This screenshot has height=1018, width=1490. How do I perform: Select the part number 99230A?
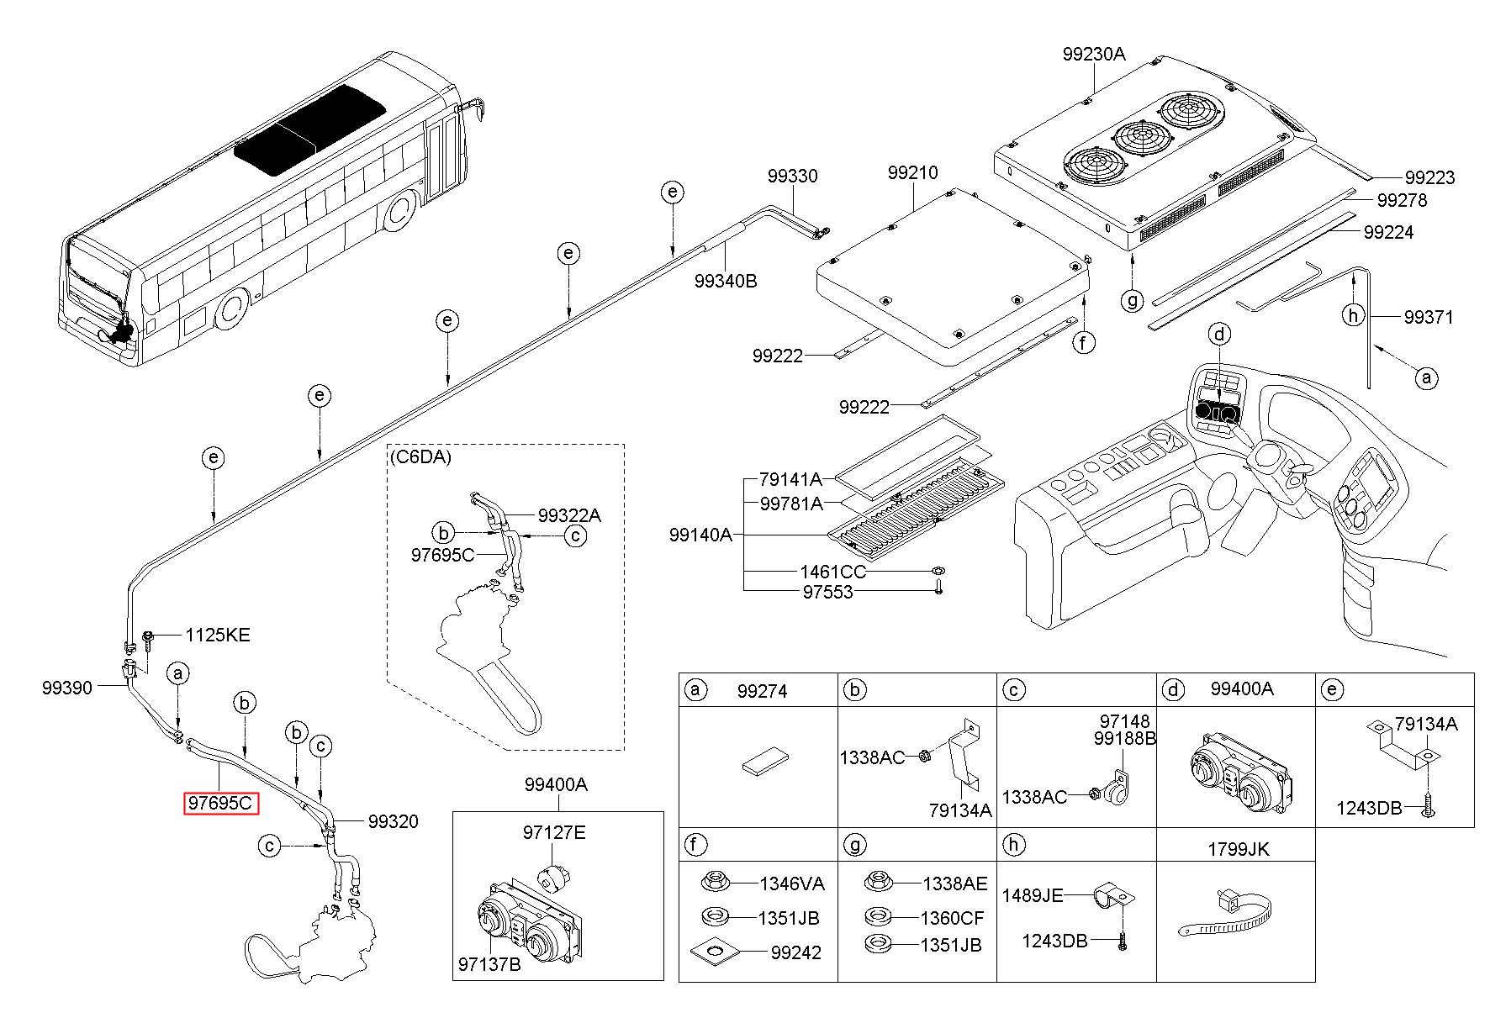pos(1093,54)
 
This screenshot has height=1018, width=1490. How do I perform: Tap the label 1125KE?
pos(218,635)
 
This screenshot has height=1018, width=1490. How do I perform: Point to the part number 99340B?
pos(726,281)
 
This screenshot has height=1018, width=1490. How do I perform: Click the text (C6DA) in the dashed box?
pos(420,457)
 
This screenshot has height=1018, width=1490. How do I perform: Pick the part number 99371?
pos(1429,317)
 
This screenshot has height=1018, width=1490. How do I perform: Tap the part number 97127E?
pos(554,833)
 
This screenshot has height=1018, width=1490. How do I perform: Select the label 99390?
pos(67,688)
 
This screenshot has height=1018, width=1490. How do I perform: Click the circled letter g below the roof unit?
pos(1133,299)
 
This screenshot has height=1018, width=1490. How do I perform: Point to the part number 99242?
pos(796,952)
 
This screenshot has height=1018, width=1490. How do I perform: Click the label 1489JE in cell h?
pos(1044,896)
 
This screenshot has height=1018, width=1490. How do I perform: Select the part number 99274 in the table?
pos(762,691)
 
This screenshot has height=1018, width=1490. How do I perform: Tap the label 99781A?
pos(791,504)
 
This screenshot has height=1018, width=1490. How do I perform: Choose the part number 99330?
pos(792,177)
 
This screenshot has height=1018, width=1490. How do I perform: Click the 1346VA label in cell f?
pos(792,883)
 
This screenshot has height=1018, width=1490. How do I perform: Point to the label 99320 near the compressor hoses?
pos(394,821)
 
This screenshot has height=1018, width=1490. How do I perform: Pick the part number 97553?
pos(827,592)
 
